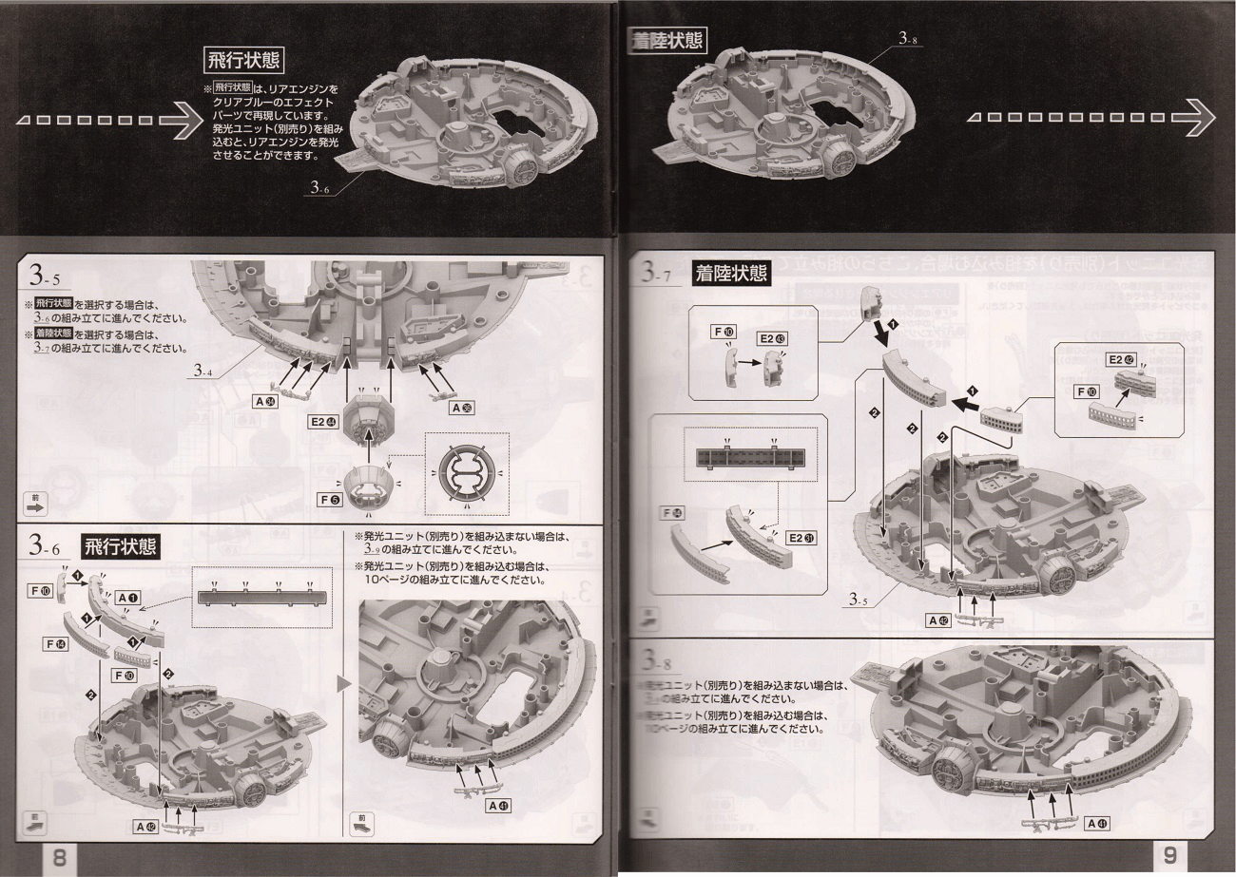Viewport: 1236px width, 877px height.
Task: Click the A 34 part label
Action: (264, 401)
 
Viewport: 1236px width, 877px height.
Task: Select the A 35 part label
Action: (462, 408)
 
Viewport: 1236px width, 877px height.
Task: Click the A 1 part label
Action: (127, 598)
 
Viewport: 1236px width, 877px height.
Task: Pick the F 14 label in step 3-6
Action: (54, 643)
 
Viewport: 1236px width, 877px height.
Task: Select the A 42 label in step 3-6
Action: (145, 827)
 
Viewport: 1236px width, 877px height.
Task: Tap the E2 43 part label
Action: (772, 337)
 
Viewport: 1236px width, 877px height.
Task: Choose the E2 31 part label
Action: (801, 538)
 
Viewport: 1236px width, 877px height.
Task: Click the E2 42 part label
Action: (1121, 359)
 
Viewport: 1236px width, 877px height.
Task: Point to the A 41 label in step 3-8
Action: (1098, 822)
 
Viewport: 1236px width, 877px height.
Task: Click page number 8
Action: (58, 858)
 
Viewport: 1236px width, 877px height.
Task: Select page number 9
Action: (1169, 855)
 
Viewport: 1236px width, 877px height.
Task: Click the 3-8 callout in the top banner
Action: (907, 39)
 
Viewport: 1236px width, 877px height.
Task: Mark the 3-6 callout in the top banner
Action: (319, 188)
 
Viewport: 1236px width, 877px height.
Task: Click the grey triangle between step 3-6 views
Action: (343, 682)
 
